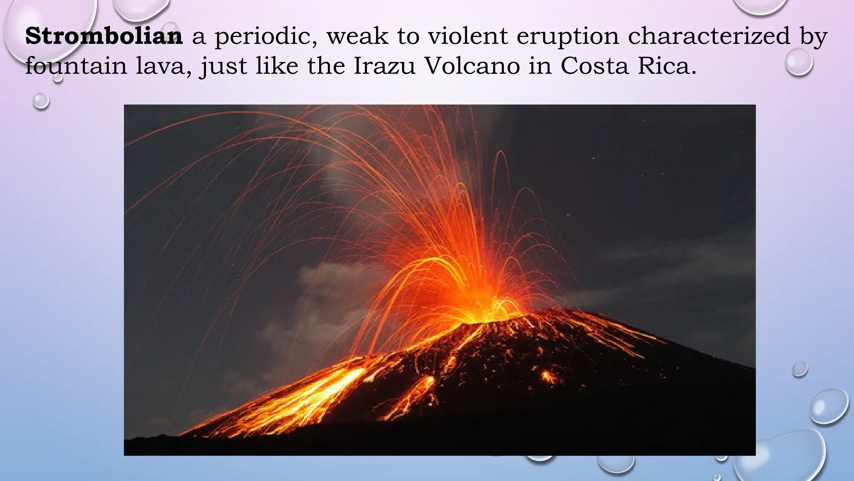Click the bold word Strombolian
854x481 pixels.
[x=104, y=36]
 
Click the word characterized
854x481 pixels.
[x=709, y=36]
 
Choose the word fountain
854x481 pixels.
[x=76, y=66]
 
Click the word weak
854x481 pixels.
[x=357, y=36]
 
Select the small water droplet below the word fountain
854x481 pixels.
[x=41, y=101]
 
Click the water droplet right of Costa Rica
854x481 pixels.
[x=799, y=62]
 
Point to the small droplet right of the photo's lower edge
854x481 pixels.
[x=799, y=369]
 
